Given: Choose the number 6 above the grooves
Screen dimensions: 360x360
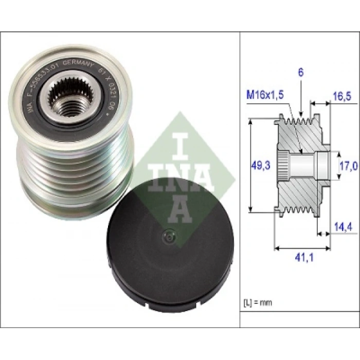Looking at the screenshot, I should tap(300, 73).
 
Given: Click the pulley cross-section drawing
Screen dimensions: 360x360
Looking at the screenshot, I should tap(301, 165).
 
